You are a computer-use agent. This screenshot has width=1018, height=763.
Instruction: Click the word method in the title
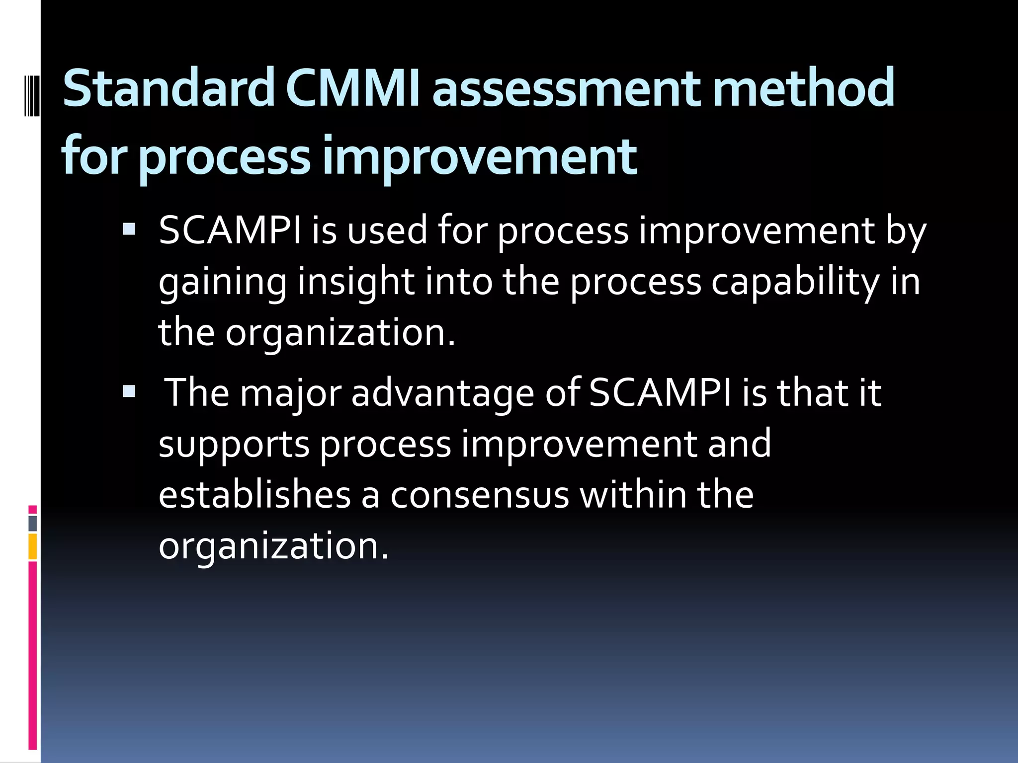point(802,88)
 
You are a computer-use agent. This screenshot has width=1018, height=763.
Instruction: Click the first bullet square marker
point(129,229)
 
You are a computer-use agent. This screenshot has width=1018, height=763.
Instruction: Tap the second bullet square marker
point(129,391)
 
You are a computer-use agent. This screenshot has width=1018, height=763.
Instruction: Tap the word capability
point(795,282)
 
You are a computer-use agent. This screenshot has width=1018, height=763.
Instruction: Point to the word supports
point(234,445)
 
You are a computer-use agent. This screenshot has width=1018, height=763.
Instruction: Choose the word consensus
point(479,496)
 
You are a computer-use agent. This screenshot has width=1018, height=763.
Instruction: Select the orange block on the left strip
point(32,546)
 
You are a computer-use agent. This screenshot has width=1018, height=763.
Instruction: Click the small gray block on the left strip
point(32,523)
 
